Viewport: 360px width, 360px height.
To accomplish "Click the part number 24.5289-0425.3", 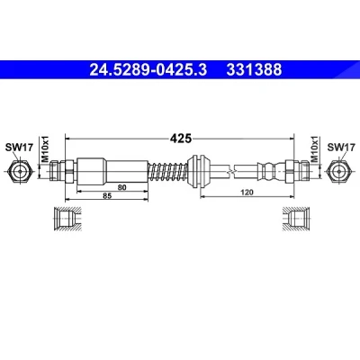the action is click(148, 69).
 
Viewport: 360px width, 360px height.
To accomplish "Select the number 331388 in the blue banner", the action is click(254, 69).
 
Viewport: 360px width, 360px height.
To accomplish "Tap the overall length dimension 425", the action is click(181, 139).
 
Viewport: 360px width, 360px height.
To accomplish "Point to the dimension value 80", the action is click(121, 187).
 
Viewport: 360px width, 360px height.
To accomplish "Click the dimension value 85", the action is click(107, 196).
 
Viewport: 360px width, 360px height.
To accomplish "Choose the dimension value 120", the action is click(247, 193).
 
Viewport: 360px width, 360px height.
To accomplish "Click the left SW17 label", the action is click(19, 148).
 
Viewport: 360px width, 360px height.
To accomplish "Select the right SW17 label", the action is click(341, 148).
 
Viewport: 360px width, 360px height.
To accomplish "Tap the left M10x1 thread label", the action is click(45, 149).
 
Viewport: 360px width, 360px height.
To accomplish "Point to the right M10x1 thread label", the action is click(314, 149).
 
